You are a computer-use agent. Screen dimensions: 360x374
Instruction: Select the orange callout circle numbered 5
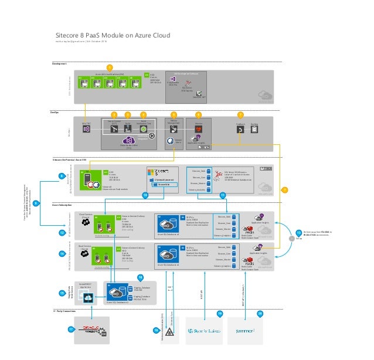(174, 114)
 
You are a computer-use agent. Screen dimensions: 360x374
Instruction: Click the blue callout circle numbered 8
(62, 175)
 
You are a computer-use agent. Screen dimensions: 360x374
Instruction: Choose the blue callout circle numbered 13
(298, 233)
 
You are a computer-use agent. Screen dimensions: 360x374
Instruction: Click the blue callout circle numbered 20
(260, 314)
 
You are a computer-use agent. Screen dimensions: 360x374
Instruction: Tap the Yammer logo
(244, 331)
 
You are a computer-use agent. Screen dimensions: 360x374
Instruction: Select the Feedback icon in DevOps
(240, 130)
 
